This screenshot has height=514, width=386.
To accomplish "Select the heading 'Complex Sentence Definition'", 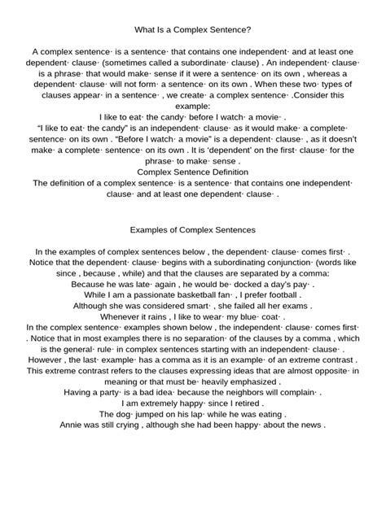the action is click(x=192, y=172).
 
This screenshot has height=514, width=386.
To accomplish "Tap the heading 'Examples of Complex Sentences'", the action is click(x=192, y=230).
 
